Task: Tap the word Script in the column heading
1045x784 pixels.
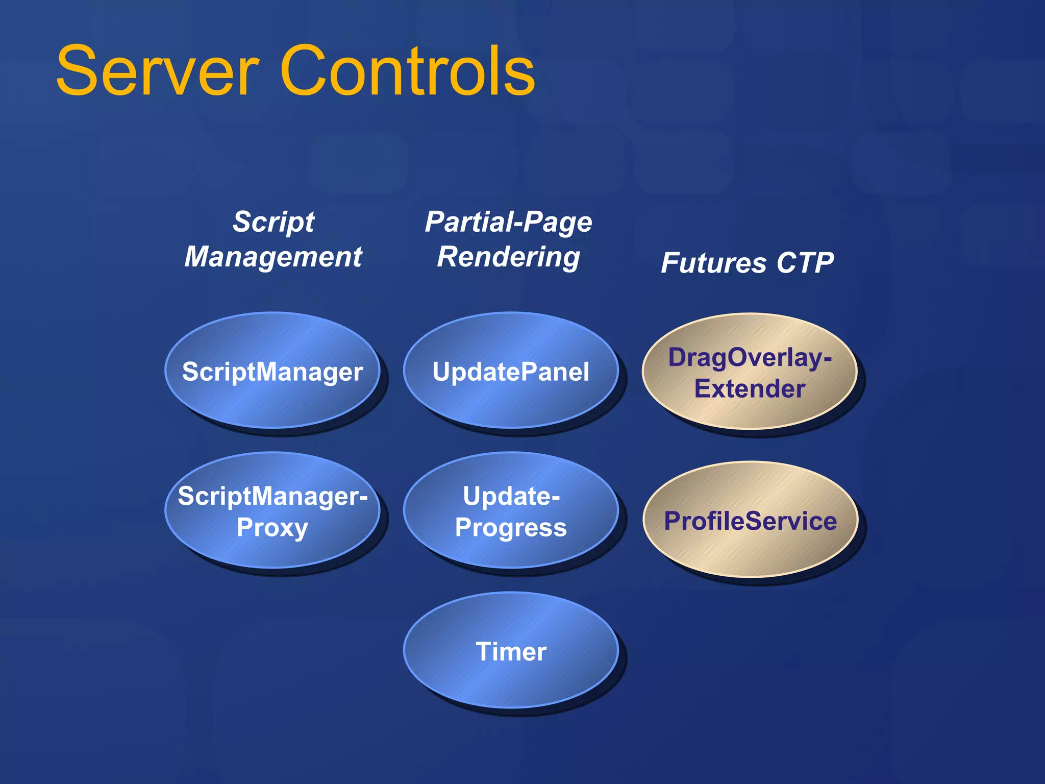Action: click(273, 222)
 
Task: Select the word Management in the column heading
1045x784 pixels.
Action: click(273, 257)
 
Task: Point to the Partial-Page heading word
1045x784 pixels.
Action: click(508, 222)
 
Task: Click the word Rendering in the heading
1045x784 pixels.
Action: click(508, 257)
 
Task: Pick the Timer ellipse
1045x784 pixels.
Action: click(510, 651)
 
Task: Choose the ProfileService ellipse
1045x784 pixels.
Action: click(750, 521)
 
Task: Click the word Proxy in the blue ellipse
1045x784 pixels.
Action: click(272, 528)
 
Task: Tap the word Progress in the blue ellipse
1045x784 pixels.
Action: click(510, 528)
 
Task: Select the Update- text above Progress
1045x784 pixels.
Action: click(510, 496)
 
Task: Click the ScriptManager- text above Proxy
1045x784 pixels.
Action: click(272, 496)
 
